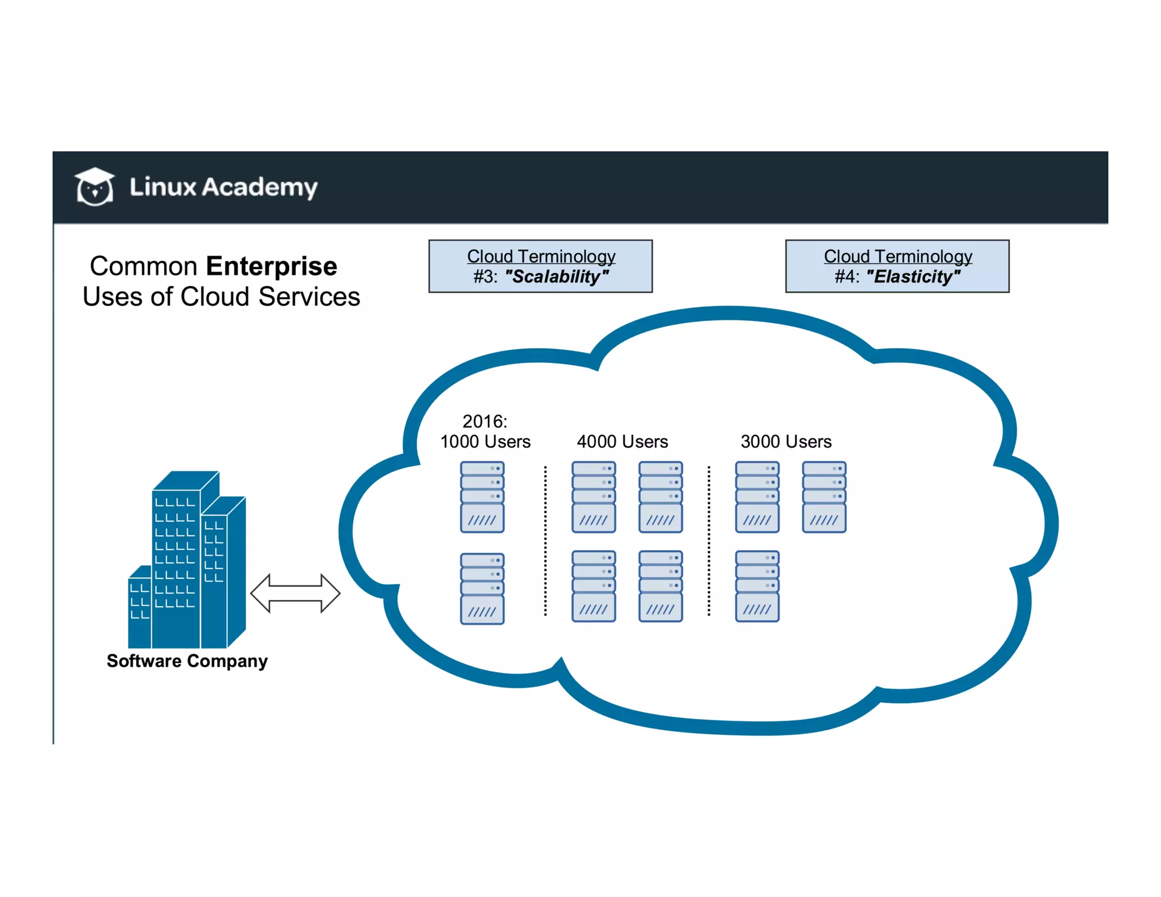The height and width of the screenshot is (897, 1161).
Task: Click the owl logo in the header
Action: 95,187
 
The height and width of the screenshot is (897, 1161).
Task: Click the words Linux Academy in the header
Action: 223,187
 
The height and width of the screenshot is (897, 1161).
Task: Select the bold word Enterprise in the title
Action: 271,266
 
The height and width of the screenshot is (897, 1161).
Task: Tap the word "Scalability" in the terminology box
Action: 557,277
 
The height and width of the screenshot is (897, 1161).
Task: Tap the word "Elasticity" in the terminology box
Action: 913,277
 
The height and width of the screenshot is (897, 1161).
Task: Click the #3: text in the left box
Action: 485,277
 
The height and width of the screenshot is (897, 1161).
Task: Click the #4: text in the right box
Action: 846,277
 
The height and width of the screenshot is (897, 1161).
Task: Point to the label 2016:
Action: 485,421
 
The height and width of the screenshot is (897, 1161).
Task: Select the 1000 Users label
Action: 485,442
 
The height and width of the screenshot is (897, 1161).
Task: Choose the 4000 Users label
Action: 622,442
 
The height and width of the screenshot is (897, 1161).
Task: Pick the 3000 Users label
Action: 786,442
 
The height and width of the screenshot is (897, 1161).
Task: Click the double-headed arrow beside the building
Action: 295,593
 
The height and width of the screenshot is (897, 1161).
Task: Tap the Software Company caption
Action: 187,661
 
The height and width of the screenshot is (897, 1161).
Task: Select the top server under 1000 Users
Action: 482,497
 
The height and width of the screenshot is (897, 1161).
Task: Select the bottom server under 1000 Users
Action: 482,589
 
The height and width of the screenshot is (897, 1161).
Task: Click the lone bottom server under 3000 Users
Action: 757,586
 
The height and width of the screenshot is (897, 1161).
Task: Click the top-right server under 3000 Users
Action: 824,497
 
